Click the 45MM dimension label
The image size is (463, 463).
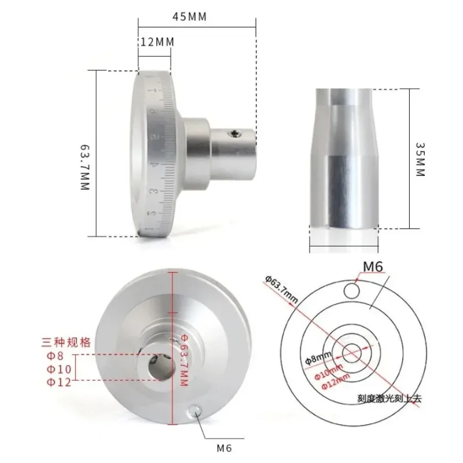coord(190,17)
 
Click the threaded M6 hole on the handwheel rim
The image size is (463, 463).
coord(195,410)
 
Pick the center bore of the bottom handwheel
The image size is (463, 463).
coord(157,366)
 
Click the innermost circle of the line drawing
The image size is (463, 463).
coord(351,351)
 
